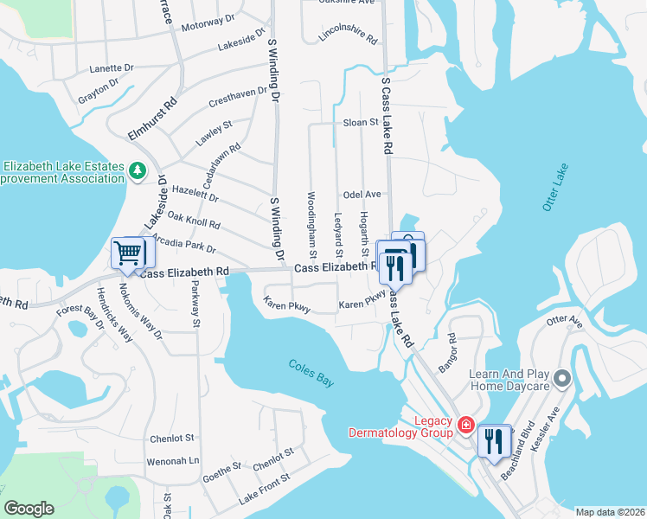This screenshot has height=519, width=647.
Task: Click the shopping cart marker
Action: tap(128, 253)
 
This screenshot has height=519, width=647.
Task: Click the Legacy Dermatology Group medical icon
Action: tap(465, 425)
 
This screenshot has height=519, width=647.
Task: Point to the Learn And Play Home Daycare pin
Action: tap(562, 378)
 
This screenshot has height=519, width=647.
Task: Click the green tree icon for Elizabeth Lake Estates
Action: tap(137, 171)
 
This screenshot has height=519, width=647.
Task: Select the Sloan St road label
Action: tap(362, 123)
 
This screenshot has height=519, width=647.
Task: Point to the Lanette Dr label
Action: tap(112, 67)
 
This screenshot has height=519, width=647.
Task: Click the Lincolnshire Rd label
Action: tap(349, 35)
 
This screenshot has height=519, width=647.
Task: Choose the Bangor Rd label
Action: tap(446, 356)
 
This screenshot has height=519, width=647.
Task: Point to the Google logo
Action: tap(29, 509)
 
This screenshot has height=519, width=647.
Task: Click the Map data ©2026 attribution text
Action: tap(610, 512)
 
